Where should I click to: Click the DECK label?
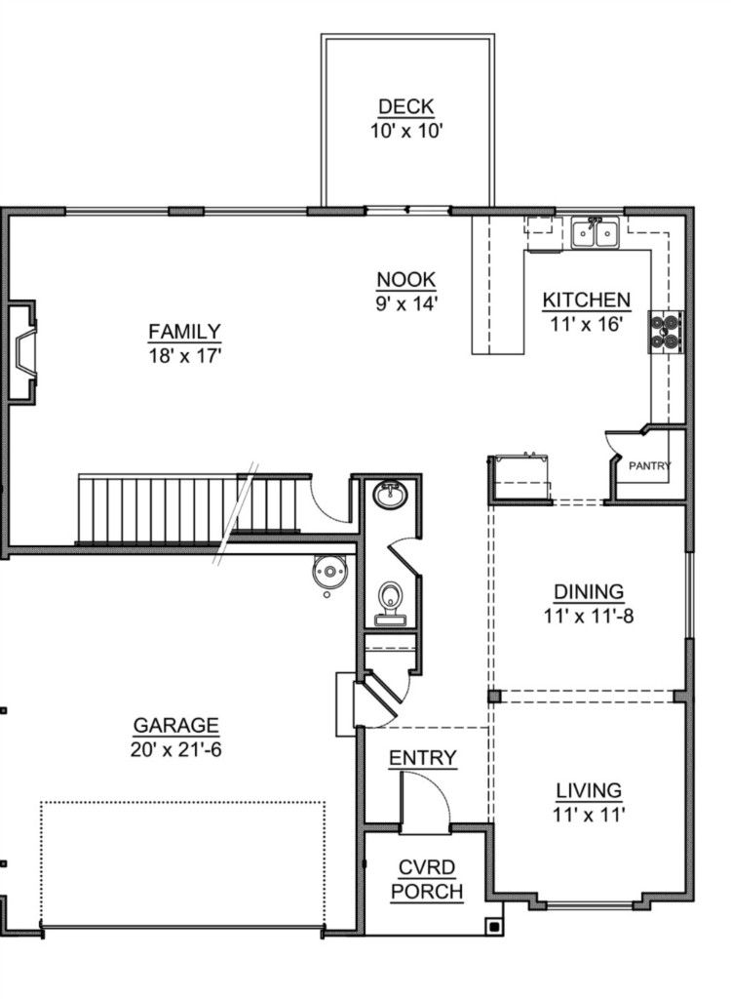[405, 106]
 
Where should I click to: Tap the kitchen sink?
[596, 232]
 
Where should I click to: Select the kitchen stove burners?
[666, 332]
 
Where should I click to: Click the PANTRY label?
[649, 465]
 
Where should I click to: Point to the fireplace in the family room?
[22, 351]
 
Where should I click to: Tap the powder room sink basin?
[390, 495]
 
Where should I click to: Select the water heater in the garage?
[329, 571]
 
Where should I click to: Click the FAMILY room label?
[184, 332]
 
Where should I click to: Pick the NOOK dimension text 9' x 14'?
[405, 304]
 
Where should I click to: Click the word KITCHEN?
[586, 300]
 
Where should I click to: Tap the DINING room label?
[589, 592]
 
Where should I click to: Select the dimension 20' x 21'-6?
[175, 750]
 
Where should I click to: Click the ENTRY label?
[423, 758]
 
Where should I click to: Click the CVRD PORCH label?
[427, 880]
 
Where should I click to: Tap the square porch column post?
[494, 926]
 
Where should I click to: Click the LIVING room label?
[589, 790]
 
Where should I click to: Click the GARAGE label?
[175, 726]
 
